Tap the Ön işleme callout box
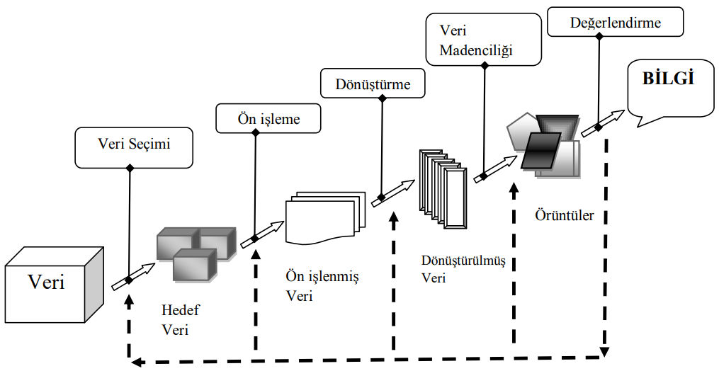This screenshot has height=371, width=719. click(x=268, y=118)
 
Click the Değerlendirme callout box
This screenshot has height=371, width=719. click(x=615, y=23)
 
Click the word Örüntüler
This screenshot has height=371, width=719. click(x=564, y=215)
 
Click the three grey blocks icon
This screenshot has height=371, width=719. click(x=195, y=251)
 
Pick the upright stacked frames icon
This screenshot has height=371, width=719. click(x=442, y=188)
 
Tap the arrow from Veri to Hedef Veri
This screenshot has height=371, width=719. click(x=133, y=276)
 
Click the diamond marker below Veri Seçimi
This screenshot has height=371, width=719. click(x=129, y=280)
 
